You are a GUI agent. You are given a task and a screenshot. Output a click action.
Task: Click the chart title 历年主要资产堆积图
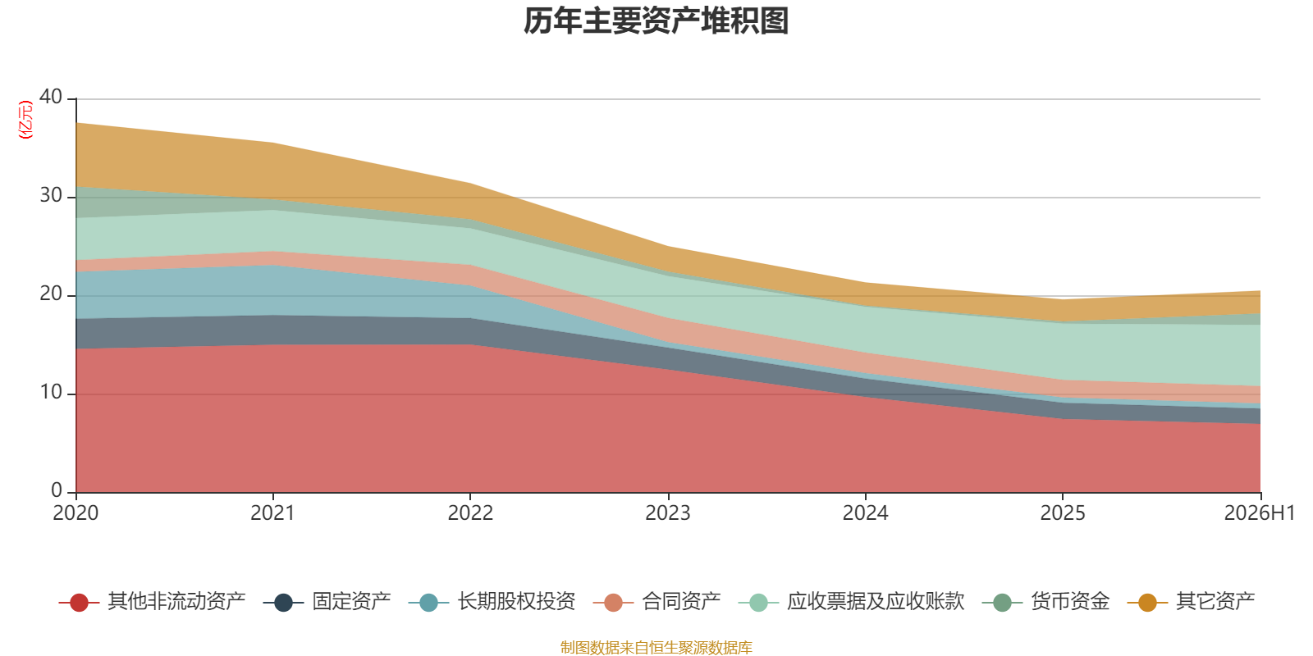[x=656, y=21]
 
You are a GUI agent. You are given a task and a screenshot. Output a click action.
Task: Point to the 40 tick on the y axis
[x=51, y=98]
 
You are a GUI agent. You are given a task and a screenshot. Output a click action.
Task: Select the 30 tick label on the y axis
[x=51, y=196]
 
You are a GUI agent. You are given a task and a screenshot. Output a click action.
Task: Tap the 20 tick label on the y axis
[x=51, y=294]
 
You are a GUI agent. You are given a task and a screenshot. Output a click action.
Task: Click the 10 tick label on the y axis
[x=51, y=393]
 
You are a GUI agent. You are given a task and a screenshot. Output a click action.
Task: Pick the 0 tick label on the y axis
[x=57, y=490]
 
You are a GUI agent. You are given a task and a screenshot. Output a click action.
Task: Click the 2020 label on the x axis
[x=75, y=513]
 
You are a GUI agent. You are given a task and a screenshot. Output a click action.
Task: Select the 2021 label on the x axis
[x=272, y=513]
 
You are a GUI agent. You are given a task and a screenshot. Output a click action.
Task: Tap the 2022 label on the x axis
[x=470, y=513]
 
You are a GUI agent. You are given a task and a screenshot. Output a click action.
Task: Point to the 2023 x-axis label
[x=668, y=513]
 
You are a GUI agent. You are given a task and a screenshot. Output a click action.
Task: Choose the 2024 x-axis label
[x=865, y=513]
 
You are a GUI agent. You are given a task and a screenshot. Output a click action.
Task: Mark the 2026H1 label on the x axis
[x=1259, y=513]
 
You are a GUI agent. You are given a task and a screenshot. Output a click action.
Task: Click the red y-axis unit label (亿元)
[x=25, y=120]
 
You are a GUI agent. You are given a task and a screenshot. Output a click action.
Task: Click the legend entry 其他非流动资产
[x=153, y=602]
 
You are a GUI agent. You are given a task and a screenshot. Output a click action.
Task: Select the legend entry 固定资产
[x=327, y=602]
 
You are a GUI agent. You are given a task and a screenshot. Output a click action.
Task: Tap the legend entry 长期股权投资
[x=492, y=602]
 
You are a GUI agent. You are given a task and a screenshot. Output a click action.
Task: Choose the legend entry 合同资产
[x=657, y=602]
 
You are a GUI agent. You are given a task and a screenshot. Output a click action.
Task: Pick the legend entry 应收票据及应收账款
[x=851, y=602]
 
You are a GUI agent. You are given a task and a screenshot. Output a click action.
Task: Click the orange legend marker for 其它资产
[x=1147, y=602]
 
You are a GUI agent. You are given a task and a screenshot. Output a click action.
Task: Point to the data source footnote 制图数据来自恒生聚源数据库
[x=656, y=647]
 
